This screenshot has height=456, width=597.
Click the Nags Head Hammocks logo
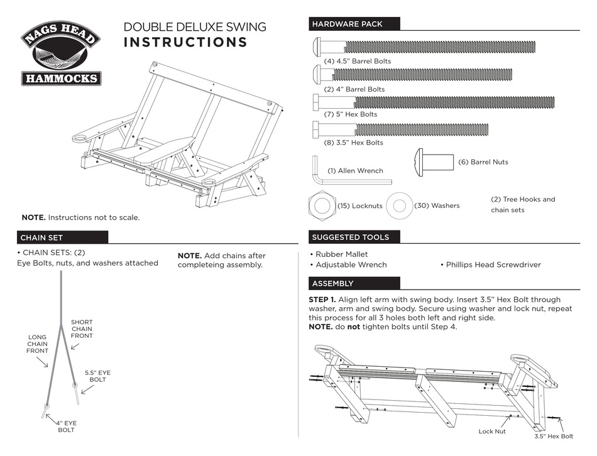click(61, 55)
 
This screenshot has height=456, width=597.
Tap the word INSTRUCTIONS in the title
click(185, 43)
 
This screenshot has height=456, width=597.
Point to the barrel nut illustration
click(434, 160)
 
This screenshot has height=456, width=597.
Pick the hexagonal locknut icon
click(322, 205)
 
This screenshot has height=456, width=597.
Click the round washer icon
click(398, 205)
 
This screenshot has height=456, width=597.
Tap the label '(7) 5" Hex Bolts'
click(350, 114)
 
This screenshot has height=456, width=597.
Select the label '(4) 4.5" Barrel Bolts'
click(357, 61)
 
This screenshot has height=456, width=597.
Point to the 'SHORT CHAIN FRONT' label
click(82, 328)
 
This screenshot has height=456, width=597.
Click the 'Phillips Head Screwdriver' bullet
click(493, 264)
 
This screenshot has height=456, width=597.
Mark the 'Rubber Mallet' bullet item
click(339, 254)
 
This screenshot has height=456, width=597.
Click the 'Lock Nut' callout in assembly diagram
click(492, 432)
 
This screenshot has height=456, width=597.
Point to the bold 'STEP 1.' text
click(323, 300)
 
